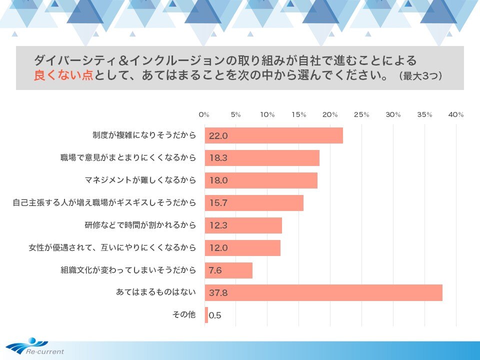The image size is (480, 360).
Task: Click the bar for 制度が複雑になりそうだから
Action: [x=273, y=135]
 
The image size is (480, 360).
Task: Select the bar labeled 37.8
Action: [x=323, y=292]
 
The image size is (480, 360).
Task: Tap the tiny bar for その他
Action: [x=206, y=315]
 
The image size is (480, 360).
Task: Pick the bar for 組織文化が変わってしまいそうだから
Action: [x=228, y=270]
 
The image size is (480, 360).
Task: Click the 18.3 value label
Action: [x=218, y=158]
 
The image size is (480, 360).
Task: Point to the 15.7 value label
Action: [x=218, y=203]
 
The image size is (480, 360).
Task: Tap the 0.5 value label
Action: [x=215, y=315]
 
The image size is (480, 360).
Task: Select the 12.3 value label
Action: [x=218, y=225]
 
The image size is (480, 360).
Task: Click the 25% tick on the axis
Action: [x=361, y=115]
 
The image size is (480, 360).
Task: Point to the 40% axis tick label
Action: [x=456, y=115]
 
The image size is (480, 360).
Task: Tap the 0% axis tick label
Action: [x=204, y=115]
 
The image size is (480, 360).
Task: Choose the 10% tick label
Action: [x=267, y=115]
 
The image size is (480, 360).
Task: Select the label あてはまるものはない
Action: [x=155, y=292]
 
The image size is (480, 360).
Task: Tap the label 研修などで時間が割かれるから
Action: [x=140, y=225]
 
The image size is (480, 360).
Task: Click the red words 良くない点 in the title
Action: [x=63, y=76]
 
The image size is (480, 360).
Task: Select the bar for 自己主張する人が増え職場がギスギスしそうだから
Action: [x=254, y=203]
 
